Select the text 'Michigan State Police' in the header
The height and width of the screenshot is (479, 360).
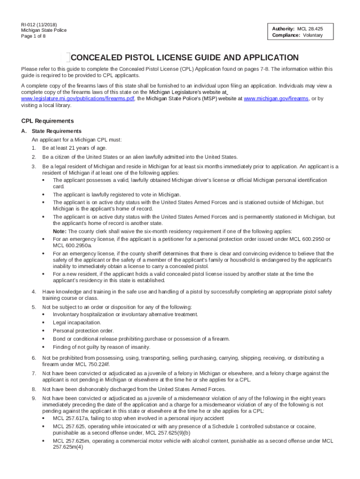pos(44,30)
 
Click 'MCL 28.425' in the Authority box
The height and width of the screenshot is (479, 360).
pos(310,29)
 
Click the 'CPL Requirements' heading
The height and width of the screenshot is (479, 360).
pos(47,121)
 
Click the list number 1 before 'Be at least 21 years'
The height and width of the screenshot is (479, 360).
pos(34,148)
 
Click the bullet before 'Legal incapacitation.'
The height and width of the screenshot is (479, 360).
pos(43,323)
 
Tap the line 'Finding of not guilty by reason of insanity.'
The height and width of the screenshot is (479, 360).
pos(101,347)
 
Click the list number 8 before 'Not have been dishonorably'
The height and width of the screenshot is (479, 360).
pos(34,389)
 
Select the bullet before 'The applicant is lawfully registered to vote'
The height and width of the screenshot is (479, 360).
pos(43,195)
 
